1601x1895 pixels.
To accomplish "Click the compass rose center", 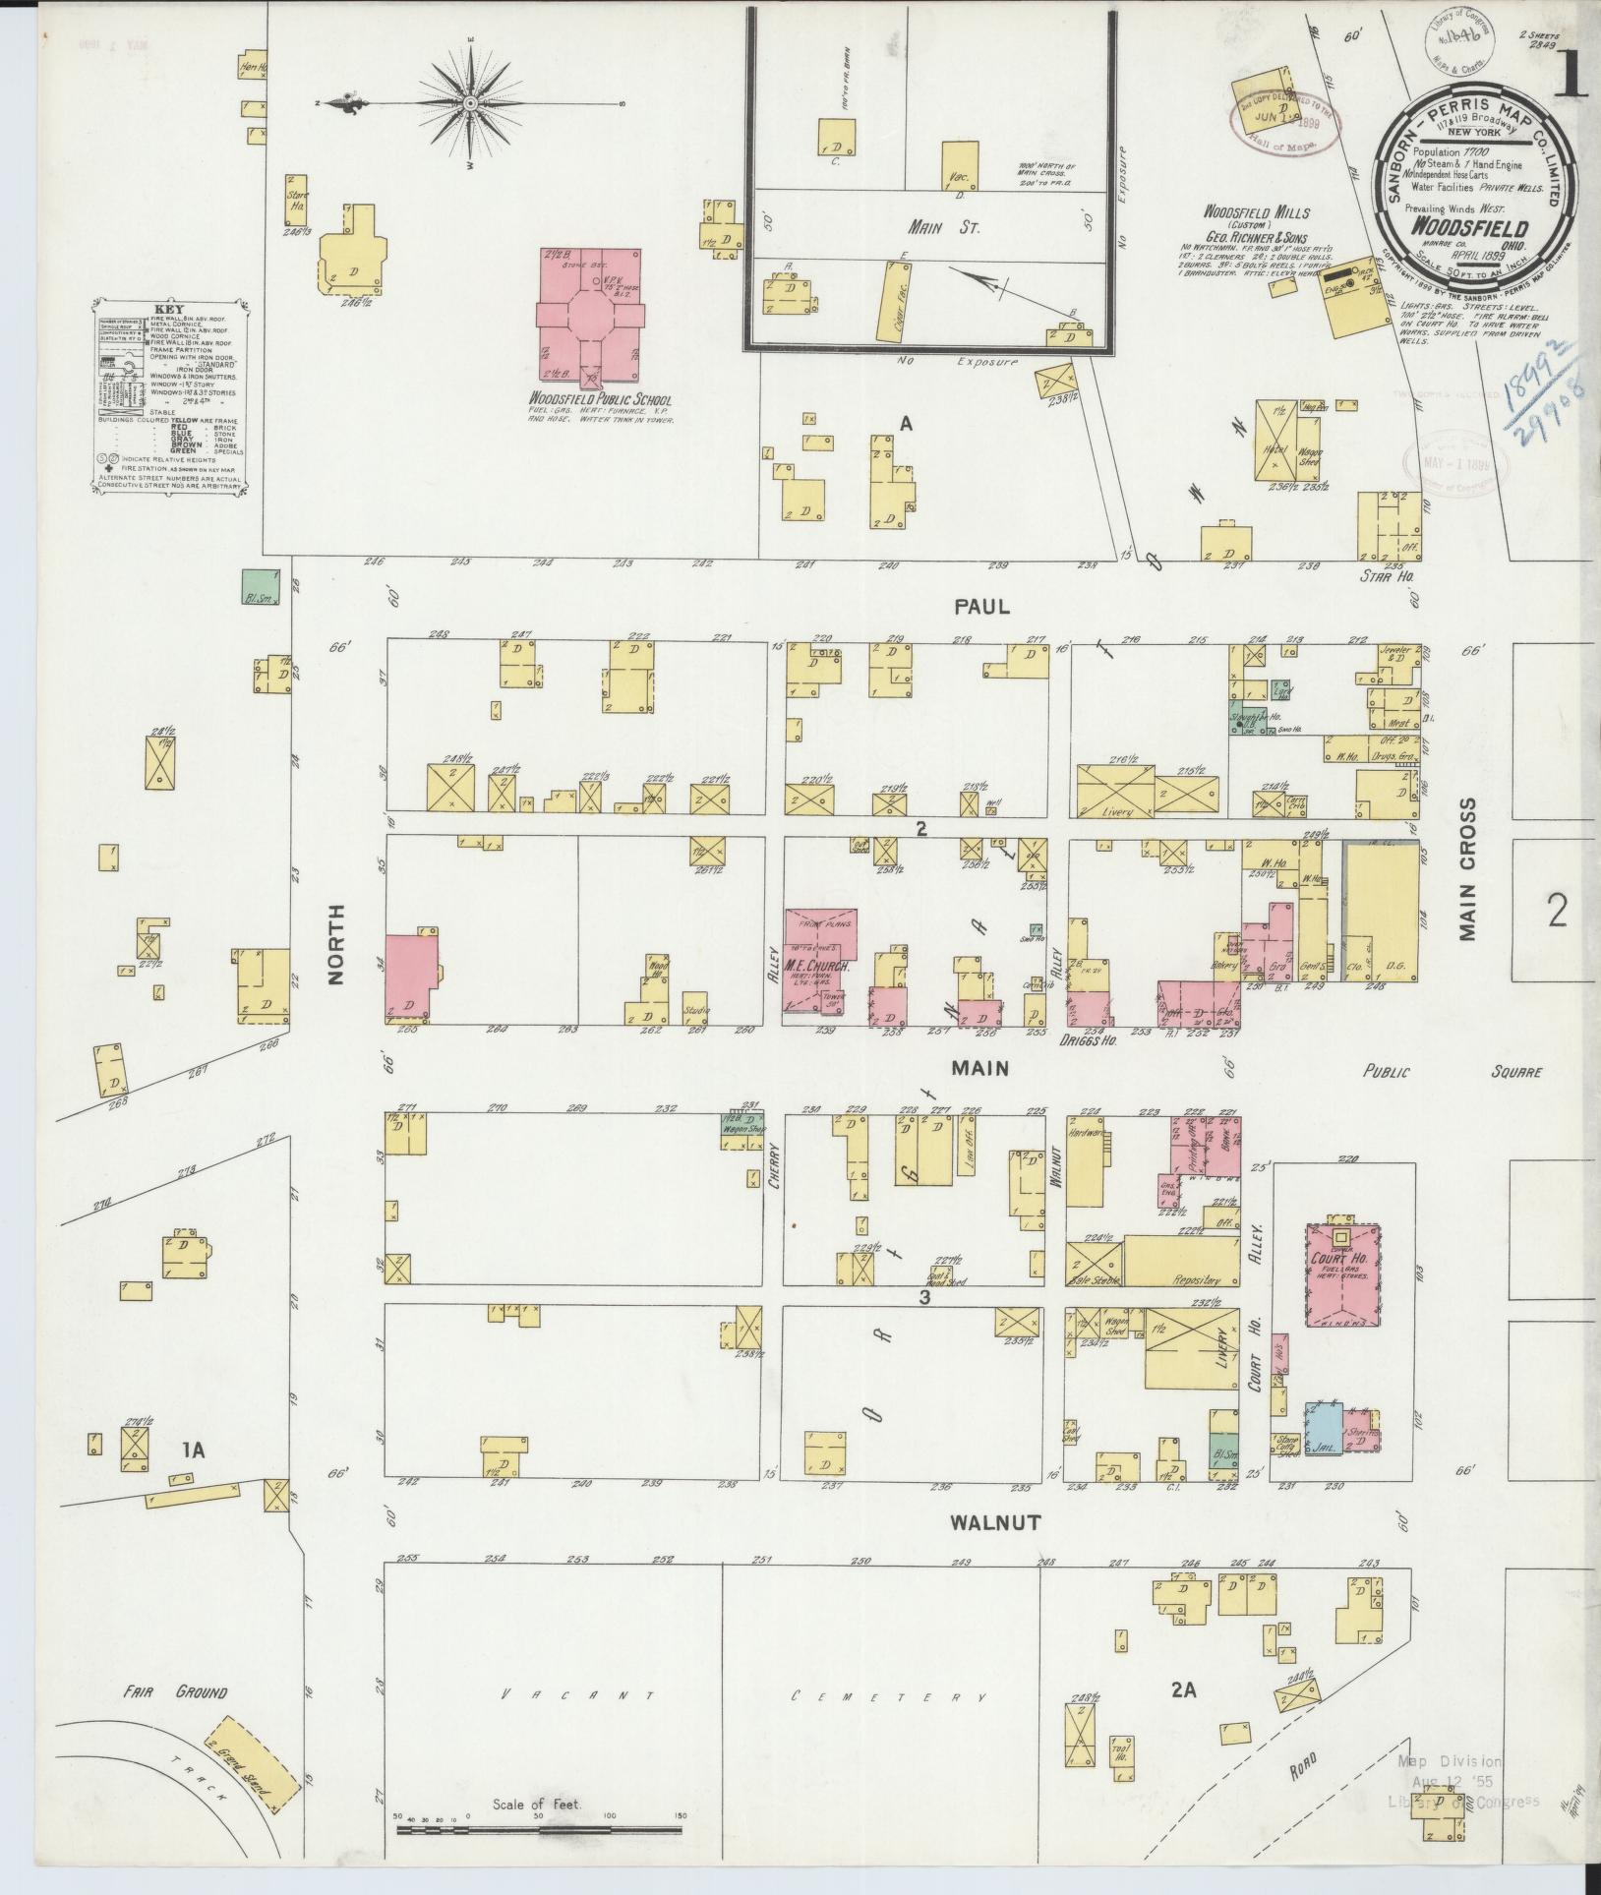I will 471,102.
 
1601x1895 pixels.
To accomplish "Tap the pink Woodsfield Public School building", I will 591,315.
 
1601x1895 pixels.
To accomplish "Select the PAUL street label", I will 979,607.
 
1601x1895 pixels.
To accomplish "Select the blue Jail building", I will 1324,1431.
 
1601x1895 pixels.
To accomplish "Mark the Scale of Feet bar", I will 539,1831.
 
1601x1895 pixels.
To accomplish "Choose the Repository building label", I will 1196,1280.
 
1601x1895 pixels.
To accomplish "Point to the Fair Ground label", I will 175,1692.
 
